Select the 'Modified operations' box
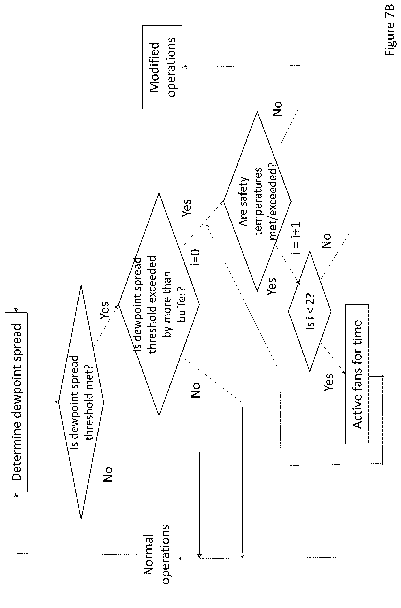(x=162, y=67)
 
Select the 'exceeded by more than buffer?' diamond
(x=159, y=304)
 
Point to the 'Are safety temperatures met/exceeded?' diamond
(x=257, y=201)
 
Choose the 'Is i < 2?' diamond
(x=310, y=311)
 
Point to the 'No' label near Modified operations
(x=277, y=109)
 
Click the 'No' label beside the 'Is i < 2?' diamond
(x=326, y=241)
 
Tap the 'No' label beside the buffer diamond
(x=196, y=390)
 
